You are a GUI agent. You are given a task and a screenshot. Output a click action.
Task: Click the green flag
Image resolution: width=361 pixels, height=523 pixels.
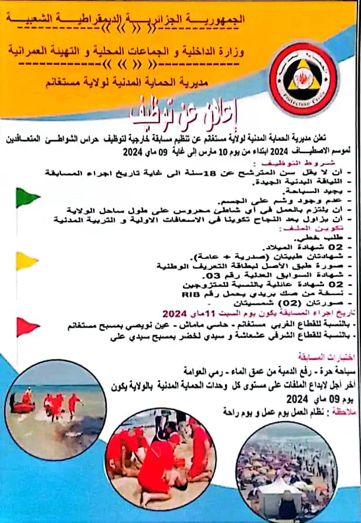(x=27, y=198)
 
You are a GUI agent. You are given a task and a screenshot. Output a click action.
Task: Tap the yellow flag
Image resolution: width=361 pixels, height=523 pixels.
(x=27, y=261)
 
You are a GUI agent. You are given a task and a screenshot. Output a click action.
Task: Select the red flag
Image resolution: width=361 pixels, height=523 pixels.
(x=27, y=326)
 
